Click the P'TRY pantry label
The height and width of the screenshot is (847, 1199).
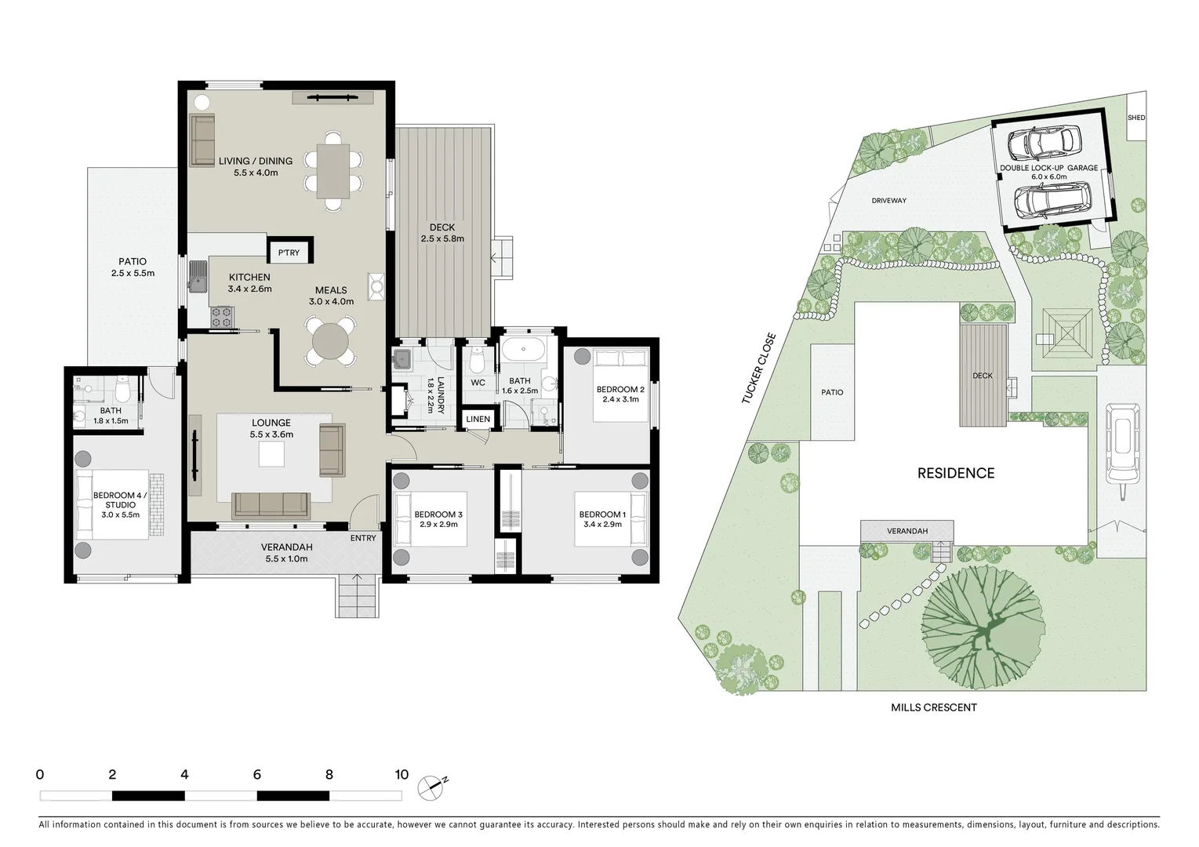click(x=289, y=253)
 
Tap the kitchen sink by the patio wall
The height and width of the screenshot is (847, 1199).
click(x=197, y=276)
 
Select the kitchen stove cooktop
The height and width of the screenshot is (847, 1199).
click(x=221, y=316)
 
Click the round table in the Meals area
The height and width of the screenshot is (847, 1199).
click(x=329, y=341)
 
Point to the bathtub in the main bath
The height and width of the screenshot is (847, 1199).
click(x=523, y=350)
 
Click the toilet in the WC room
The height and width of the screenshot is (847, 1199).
click(x=477, y=362)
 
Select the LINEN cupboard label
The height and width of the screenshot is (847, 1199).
click(x=478, y=420)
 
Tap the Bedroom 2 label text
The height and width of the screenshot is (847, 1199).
click(x=620, y=390)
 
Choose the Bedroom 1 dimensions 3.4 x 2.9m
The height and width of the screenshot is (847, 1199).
click(x=602, y=525)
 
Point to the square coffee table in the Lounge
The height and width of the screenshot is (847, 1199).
click(x=273, y=454)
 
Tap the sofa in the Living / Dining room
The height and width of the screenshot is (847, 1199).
click(x=202, y=139)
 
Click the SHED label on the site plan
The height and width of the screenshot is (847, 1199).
click(x=1135, y=118)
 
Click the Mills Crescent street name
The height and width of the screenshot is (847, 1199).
click(x=933, y=707)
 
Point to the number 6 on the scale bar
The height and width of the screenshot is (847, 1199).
click(x=256, y=775)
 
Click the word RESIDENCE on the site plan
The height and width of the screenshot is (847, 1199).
click(x=956, y=473)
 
